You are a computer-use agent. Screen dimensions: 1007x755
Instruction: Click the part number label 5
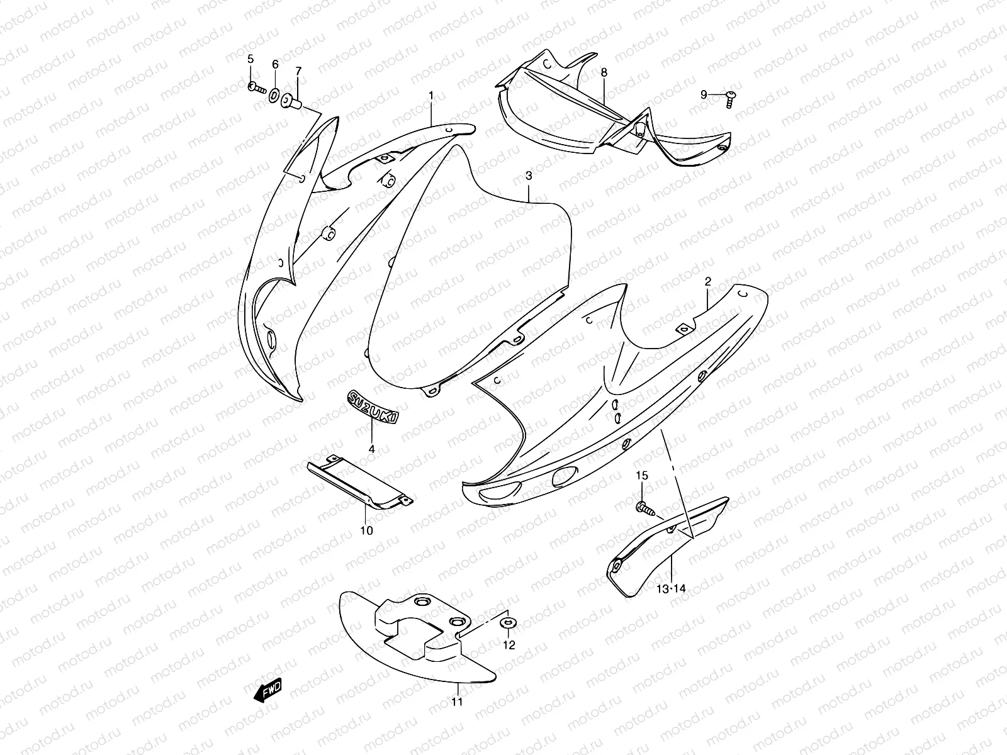click(250, 59)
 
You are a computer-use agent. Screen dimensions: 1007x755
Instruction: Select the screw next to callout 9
click(730, 99)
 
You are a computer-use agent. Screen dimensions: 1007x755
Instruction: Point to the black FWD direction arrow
click(268, 690)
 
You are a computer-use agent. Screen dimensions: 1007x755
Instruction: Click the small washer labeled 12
click(509, 622)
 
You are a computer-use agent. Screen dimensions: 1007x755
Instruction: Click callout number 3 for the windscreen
click(529, 176)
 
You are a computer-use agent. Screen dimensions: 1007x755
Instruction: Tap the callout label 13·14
click(671, 589)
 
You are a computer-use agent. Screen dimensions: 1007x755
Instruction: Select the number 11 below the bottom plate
click(457, 702)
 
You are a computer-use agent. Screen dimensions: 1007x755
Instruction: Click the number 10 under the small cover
click(366, 531)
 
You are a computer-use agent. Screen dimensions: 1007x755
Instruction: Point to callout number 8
click(604, 72)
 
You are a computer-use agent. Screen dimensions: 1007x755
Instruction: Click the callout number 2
click(708, 281)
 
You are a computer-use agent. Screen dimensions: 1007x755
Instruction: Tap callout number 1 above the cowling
click(430, 96)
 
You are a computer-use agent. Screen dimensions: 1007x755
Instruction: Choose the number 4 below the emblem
click(371, 449)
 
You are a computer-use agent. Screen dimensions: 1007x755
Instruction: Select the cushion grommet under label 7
click(291, 101)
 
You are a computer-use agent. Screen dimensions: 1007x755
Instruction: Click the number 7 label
click(299, 71)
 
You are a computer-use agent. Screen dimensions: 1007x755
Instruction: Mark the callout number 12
click(509, 645)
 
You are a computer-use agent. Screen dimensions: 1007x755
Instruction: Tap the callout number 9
click(703, 95)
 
